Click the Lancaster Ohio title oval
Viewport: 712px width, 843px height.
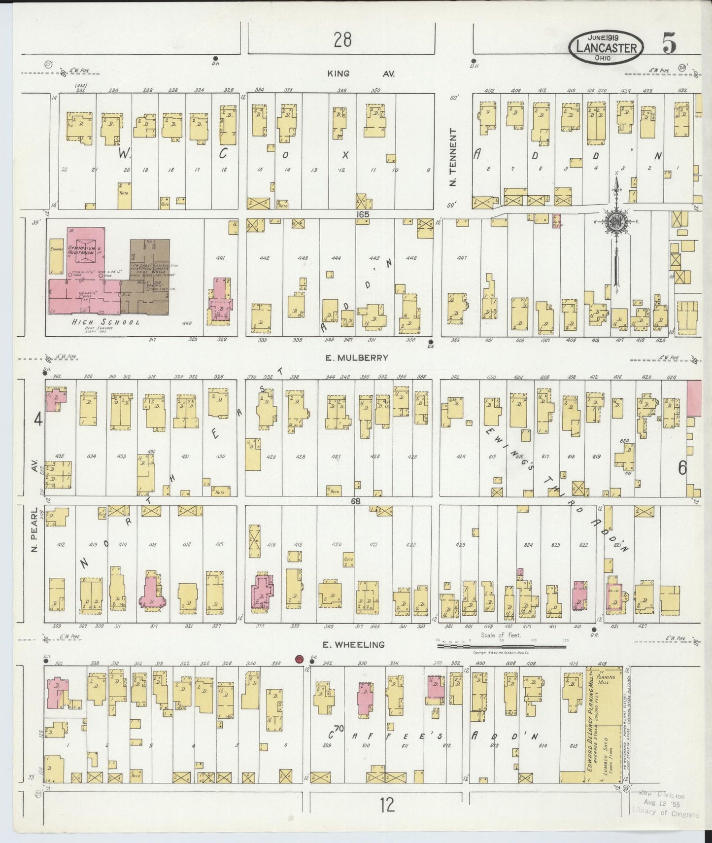click(606, 48)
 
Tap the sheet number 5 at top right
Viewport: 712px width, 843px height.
click(669, 44)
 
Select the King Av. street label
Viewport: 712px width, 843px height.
click(361, 74)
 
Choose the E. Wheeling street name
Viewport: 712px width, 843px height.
click(353, 644)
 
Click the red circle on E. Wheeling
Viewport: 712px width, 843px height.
click(298, 659)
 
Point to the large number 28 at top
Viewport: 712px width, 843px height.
click(342, 39)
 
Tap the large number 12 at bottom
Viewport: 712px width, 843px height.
click(387, 805)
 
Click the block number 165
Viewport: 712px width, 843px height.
click(364, 214)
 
